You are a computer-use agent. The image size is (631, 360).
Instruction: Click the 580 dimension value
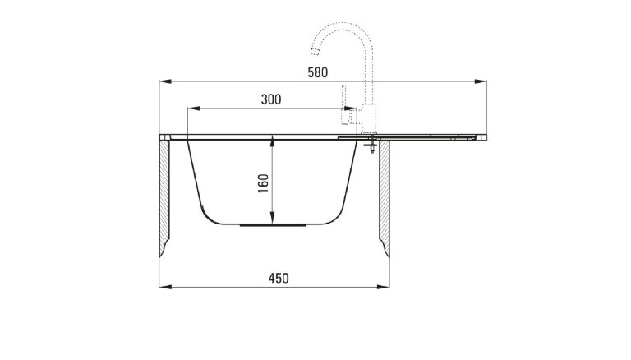[317, 72]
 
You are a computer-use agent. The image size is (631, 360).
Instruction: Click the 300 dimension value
[270, 99]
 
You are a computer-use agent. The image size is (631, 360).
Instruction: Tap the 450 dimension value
[279, 279]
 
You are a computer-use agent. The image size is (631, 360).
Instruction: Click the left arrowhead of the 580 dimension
[164, 81]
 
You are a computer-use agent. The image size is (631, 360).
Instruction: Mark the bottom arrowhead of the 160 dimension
[273, 221]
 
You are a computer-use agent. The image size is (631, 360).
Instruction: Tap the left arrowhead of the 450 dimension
[164, 287]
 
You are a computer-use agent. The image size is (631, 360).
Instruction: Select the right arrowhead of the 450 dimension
[386, 287]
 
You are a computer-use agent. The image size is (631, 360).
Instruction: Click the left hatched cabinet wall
[165, 197]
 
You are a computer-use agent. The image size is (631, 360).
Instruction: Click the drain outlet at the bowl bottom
[273, 224]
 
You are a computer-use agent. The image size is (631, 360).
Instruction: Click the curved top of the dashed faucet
[345, 26]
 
